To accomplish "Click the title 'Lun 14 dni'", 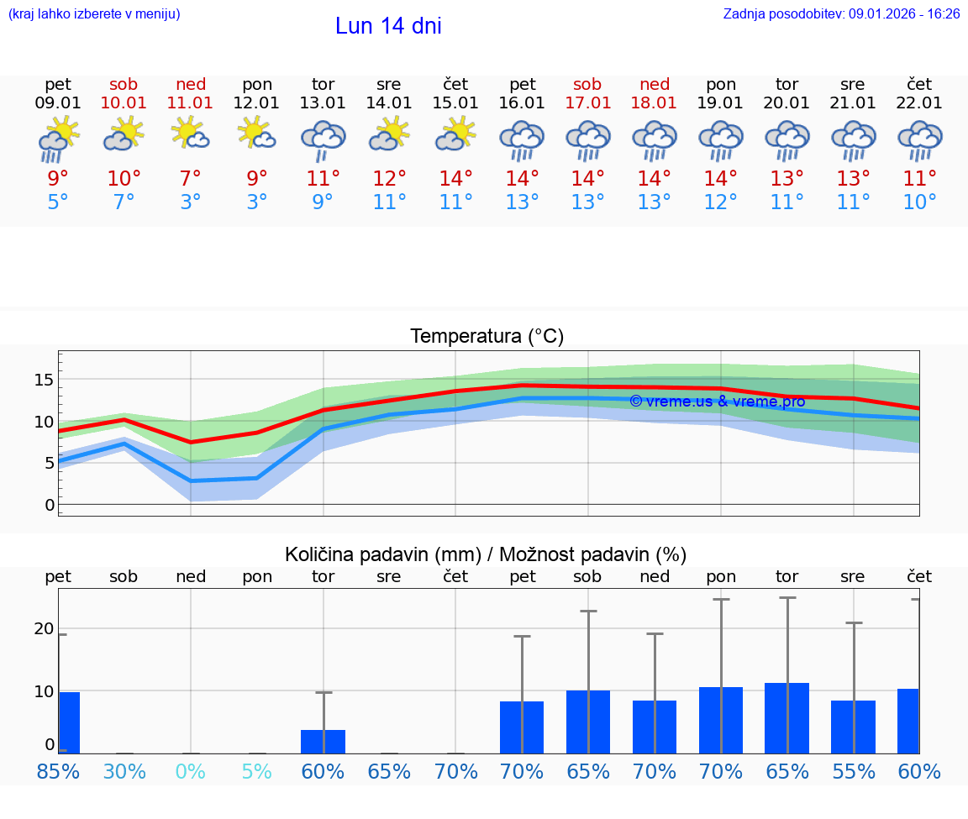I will (x=388, y=26).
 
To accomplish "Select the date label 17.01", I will (x=587, y=103).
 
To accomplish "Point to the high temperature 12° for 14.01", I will (x=389, y=179).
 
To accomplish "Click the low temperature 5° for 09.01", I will (x=58, y=202).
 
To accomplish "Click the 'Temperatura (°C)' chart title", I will (x=487, y=337).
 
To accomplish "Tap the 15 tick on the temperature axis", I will (x=44, y=380).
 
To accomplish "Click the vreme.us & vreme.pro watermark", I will (x=717, y=402).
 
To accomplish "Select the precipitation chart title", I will (x=486, y=554).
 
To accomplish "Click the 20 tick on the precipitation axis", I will (x=44, y=629).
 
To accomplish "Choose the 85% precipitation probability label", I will (x=58, y=772).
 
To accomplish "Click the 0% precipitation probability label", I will (x=191, y=772).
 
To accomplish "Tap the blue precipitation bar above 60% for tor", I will (x=324, y=742).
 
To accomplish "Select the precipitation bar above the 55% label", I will (x=854, y=727).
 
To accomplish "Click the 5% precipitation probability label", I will (x=257, y=772).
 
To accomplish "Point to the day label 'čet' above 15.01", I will (x=455, y=84).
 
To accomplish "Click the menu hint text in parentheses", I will (x=94, y=14).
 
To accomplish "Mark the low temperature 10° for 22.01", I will (x=920, y=202).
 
